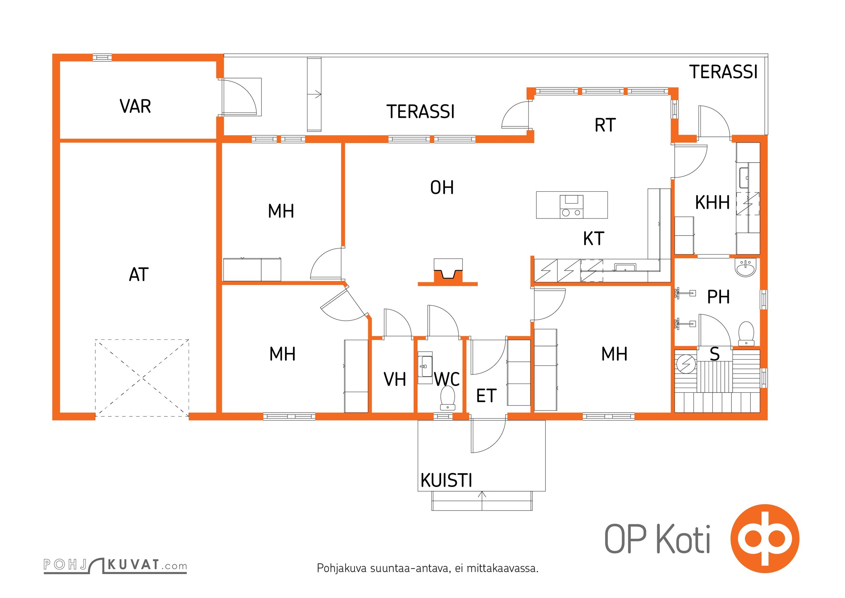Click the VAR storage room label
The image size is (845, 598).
[x=135, y=106]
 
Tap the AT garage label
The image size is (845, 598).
[x=139, y=274]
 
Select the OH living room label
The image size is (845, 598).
[x=442, y=188]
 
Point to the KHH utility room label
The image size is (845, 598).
[x=712, y=203]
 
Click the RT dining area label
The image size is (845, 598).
[x=605, y=125]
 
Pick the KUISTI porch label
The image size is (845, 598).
[x=446, y=480]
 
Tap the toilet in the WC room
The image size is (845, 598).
[x=448, y=398]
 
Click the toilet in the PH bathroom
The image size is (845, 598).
[x=746, y=333]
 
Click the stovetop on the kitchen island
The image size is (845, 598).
[x=571, y=206]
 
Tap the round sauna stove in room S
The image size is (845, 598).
[x=686, y=363]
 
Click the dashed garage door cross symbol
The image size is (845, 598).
[x=142, y=378]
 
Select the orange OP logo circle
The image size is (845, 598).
[x=765, y=539]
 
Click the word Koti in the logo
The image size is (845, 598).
[x=683, y=539]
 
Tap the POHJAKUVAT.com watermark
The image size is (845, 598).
[x=115, y=565]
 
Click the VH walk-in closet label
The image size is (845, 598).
[x=395, y=379]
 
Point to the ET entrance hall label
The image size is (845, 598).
[x=486, y=396]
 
